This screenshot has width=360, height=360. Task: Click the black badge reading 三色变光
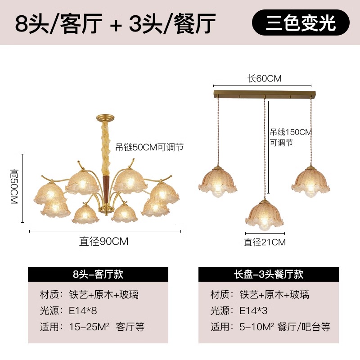click(x=300, y=23)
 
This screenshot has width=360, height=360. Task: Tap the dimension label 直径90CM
click(x=104, y=241)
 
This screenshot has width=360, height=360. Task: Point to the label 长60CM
click(x=264, y=78)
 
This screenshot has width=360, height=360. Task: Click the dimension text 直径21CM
click(x=265, y=242)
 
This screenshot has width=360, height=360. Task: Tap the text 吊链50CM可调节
click(x=149, y=147)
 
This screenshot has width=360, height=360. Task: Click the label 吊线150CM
click(x=291, y=132)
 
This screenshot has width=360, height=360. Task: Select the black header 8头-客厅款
click(x=98, y=274)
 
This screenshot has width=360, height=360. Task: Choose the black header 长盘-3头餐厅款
click(x=269, y=274)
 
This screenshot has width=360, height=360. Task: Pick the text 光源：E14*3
click(x=242, y=311)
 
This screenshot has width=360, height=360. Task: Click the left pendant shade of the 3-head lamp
click(x=218, y=181)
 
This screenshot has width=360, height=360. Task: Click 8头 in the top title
click(x=31, y=23)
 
